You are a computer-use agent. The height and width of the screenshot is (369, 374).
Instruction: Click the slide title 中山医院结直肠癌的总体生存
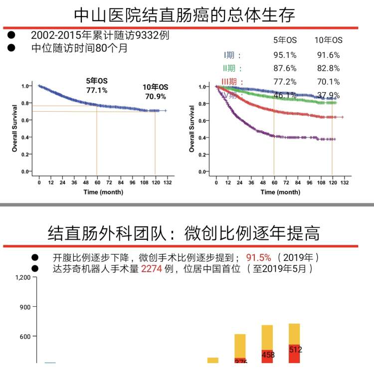184,14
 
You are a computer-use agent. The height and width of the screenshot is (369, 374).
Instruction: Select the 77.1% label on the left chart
97,90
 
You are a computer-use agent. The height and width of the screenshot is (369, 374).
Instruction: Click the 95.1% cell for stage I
285,55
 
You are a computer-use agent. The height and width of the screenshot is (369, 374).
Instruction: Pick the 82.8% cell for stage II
328,69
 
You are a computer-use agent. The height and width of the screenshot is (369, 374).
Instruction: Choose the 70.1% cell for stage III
328,82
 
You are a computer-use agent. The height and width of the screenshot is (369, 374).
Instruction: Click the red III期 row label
232,82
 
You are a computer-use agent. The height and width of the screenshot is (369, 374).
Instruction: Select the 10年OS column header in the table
328,40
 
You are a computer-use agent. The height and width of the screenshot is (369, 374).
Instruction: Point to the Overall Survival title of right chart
191,128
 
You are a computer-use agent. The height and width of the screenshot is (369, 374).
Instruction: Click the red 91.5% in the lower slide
258,257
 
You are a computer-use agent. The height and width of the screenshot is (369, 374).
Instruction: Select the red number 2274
152,269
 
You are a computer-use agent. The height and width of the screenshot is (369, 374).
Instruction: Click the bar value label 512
295,350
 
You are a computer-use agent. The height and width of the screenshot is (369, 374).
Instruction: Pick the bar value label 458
268,355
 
